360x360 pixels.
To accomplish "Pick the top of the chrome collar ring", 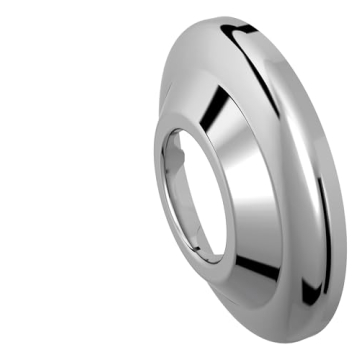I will tap(195, 122).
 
